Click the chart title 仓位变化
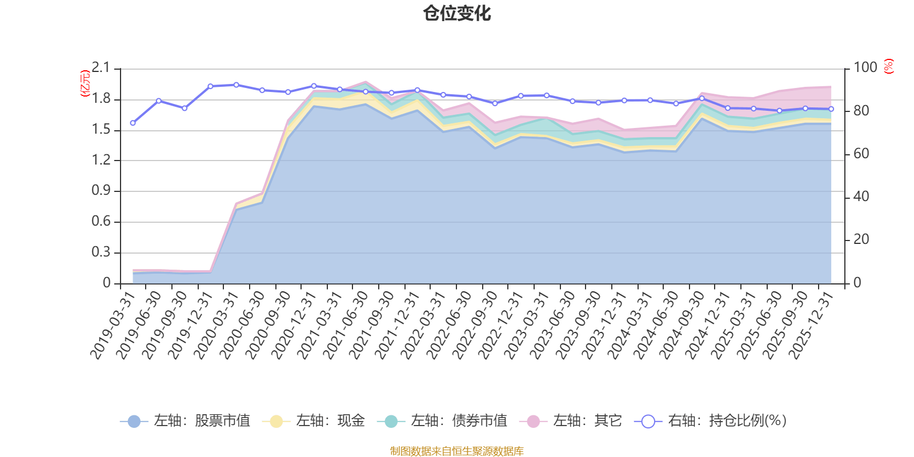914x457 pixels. click(457, 13)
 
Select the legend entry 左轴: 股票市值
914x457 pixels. click(186, 421)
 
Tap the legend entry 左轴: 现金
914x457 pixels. click(314, 421)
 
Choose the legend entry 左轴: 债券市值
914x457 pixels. click(442, 421)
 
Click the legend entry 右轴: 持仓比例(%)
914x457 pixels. click(711, 421)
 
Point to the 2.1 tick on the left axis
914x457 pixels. click(101, 68)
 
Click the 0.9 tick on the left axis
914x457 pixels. click(101, 191)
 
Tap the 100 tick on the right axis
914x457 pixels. click(865, 68)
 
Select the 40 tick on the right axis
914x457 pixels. click(861, 197)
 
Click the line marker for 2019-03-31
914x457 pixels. click(133, 123)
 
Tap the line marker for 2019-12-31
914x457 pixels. click(210, 86)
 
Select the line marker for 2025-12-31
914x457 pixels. click(831, 109)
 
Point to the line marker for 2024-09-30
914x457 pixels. click(702, 98)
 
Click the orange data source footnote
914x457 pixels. click(457, 451)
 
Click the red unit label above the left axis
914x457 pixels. click(84, 83)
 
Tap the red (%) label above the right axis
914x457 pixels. click(888, 66)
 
